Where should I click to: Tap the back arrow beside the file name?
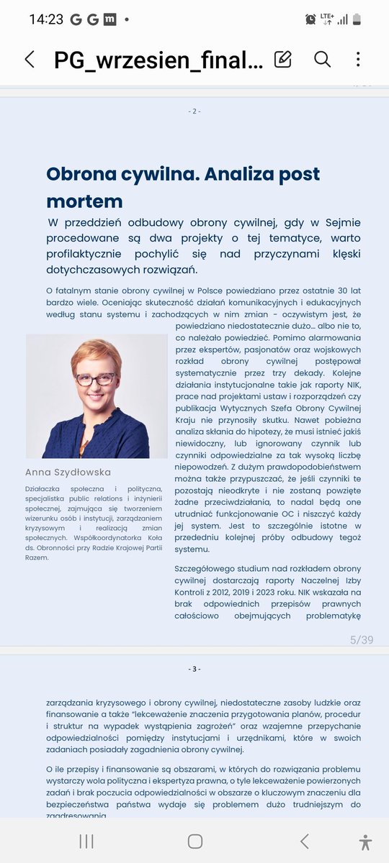pyautogui.click(x=30, y=59)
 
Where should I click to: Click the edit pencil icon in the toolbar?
pyautogui.click(x=283, y=59)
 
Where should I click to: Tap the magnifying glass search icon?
pyautogui.click(x=322, y=59)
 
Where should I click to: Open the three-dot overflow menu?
pyautogui.click(x=358, y=59)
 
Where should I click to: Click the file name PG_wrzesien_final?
pyautogui.click(x=158, y=60)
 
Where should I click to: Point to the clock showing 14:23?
pyautogui.click(x=46, y=19)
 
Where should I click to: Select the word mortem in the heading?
pyautogui.click(x=84, y=201)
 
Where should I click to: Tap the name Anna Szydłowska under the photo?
pyautogui.click(x=68, y=472)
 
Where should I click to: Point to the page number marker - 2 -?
pyautogui.click(x=194, y=111)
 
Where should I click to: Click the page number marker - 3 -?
pyautogui.click(x=194, y=669)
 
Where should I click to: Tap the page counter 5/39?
pyautogui.click(x=361, y=639)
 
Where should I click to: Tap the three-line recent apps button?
pyautogui.click(x=86, y=841)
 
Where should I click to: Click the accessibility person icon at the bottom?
pyautogui.click(x=366, y=841)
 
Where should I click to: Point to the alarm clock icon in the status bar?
pyautogui.click(x=310, y=19)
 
